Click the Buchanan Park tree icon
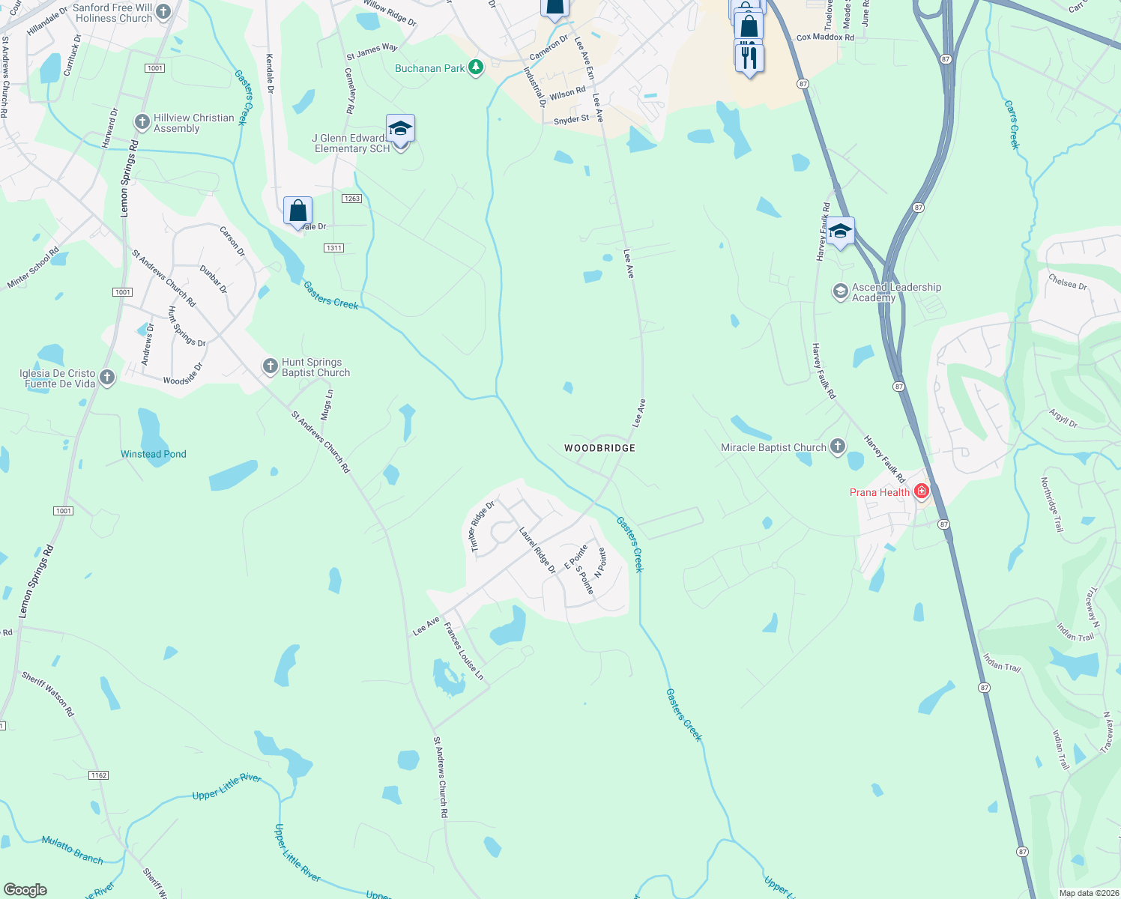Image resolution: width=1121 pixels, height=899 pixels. coord(475,68)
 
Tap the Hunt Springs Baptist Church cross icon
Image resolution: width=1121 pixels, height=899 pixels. coord(271,366)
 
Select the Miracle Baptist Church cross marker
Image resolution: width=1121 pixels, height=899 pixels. coord(838,447)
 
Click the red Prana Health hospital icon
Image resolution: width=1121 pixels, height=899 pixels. coord(922,491)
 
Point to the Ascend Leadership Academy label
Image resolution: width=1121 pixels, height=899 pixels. coord(896,292)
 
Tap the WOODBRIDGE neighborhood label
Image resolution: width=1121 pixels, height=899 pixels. coord(599,448)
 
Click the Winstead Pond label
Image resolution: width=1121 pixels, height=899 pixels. coord(154,454)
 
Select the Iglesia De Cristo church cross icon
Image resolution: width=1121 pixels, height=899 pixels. coord(107,378)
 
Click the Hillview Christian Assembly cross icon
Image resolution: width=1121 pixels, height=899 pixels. coord(142,122)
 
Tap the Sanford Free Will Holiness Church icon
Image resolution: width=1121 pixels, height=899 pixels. coord(163,12)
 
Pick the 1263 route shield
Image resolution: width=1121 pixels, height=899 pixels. coord(351,199)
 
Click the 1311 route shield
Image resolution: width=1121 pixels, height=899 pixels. coord(333,248)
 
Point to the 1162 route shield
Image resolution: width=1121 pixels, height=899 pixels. coord(99,775)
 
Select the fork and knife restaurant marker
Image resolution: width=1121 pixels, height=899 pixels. coord(749,56)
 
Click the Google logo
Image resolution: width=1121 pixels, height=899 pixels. coord(25,890)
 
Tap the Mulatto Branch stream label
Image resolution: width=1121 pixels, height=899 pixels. coord(73,850)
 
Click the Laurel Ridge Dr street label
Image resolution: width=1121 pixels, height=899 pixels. coord(537,550)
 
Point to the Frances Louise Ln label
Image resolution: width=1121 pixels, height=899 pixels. coord(464,651)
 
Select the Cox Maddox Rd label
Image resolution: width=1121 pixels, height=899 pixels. coord(825,37)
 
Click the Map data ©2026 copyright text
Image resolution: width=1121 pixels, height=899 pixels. coord(1088,893)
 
